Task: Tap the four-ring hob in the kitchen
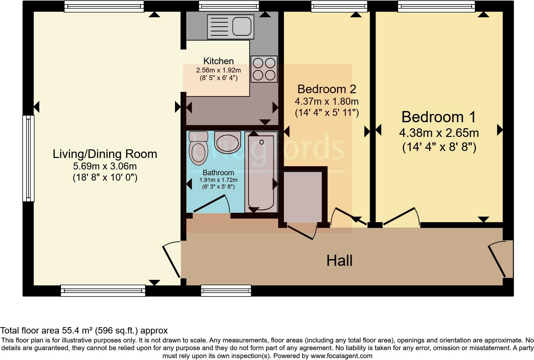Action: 264,69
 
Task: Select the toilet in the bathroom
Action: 198,148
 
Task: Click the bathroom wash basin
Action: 227,142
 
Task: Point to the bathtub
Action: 261,172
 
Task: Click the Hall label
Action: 339,261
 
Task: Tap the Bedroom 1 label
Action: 439,117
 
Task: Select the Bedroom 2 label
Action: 326,89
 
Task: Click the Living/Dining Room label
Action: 105,154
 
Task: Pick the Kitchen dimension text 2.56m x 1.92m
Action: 218,70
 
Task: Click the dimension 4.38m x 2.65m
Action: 439,133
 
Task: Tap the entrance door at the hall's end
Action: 498,259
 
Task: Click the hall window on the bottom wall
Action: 226,290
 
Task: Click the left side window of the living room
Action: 28,158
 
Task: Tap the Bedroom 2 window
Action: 339,6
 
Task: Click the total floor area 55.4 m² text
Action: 84,331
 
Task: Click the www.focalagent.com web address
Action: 341,356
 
